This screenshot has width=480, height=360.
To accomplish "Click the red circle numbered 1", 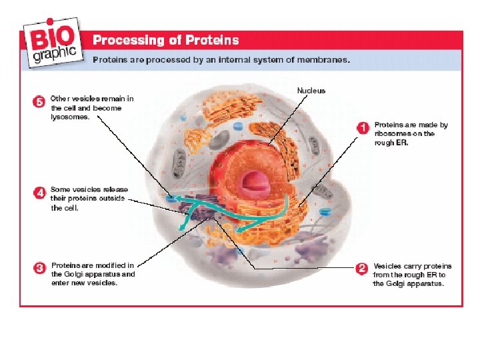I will [x=363, y=127].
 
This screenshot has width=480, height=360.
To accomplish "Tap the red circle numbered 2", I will [x=362, y=269].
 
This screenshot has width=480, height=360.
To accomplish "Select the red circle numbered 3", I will [x=40, y=269].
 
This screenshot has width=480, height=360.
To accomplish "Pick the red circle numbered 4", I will [x=40, y=193].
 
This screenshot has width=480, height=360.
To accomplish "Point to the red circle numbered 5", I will [x=40, y=102].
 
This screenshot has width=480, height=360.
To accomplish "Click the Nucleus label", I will [x=311, y=90].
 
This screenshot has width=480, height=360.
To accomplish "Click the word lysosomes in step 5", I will [x=70, y=117].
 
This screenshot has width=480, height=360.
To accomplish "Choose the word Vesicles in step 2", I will [x=389, y=266].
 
